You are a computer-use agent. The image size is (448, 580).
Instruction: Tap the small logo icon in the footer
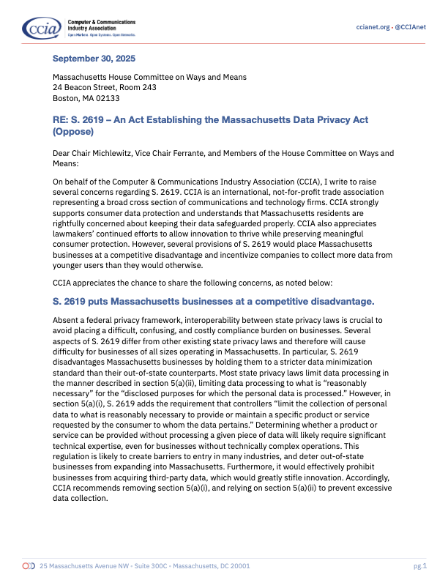tap(29, 566)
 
